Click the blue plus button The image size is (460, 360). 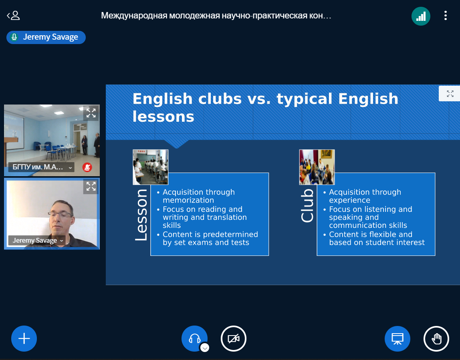coord(24,339)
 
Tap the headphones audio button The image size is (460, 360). coord(194,339)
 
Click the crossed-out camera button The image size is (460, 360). coord(234,339)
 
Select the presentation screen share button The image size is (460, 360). coord(397,339)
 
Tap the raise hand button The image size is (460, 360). coord(436,339)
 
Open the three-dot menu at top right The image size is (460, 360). coord(445,16)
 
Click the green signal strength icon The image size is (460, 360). coord(421,16)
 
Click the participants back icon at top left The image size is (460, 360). coord(13,15)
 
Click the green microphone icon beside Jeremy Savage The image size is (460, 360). coord(14,37)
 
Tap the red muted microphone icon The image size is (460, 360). coord(87,167)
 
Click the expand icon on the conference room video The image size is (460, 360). coord(91,113)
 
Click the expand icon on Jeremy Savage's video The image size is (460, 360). coord(91,186)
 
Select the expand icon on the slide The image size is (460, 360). coord(450,94)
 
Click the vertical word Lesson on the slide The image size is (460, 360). coord(141,215)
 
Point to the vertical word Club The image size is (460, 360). coord(307,205)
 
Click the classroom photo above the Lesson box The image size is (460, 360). coord(151,167)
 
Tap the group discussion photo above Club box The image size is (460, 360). coord(317,167)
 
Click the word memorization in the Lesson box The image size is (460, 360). coord(188,200)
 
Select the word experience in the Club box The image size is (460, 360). coord(350,200)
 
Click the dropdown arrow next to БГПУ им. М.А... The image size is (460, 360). coord(71,168)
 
